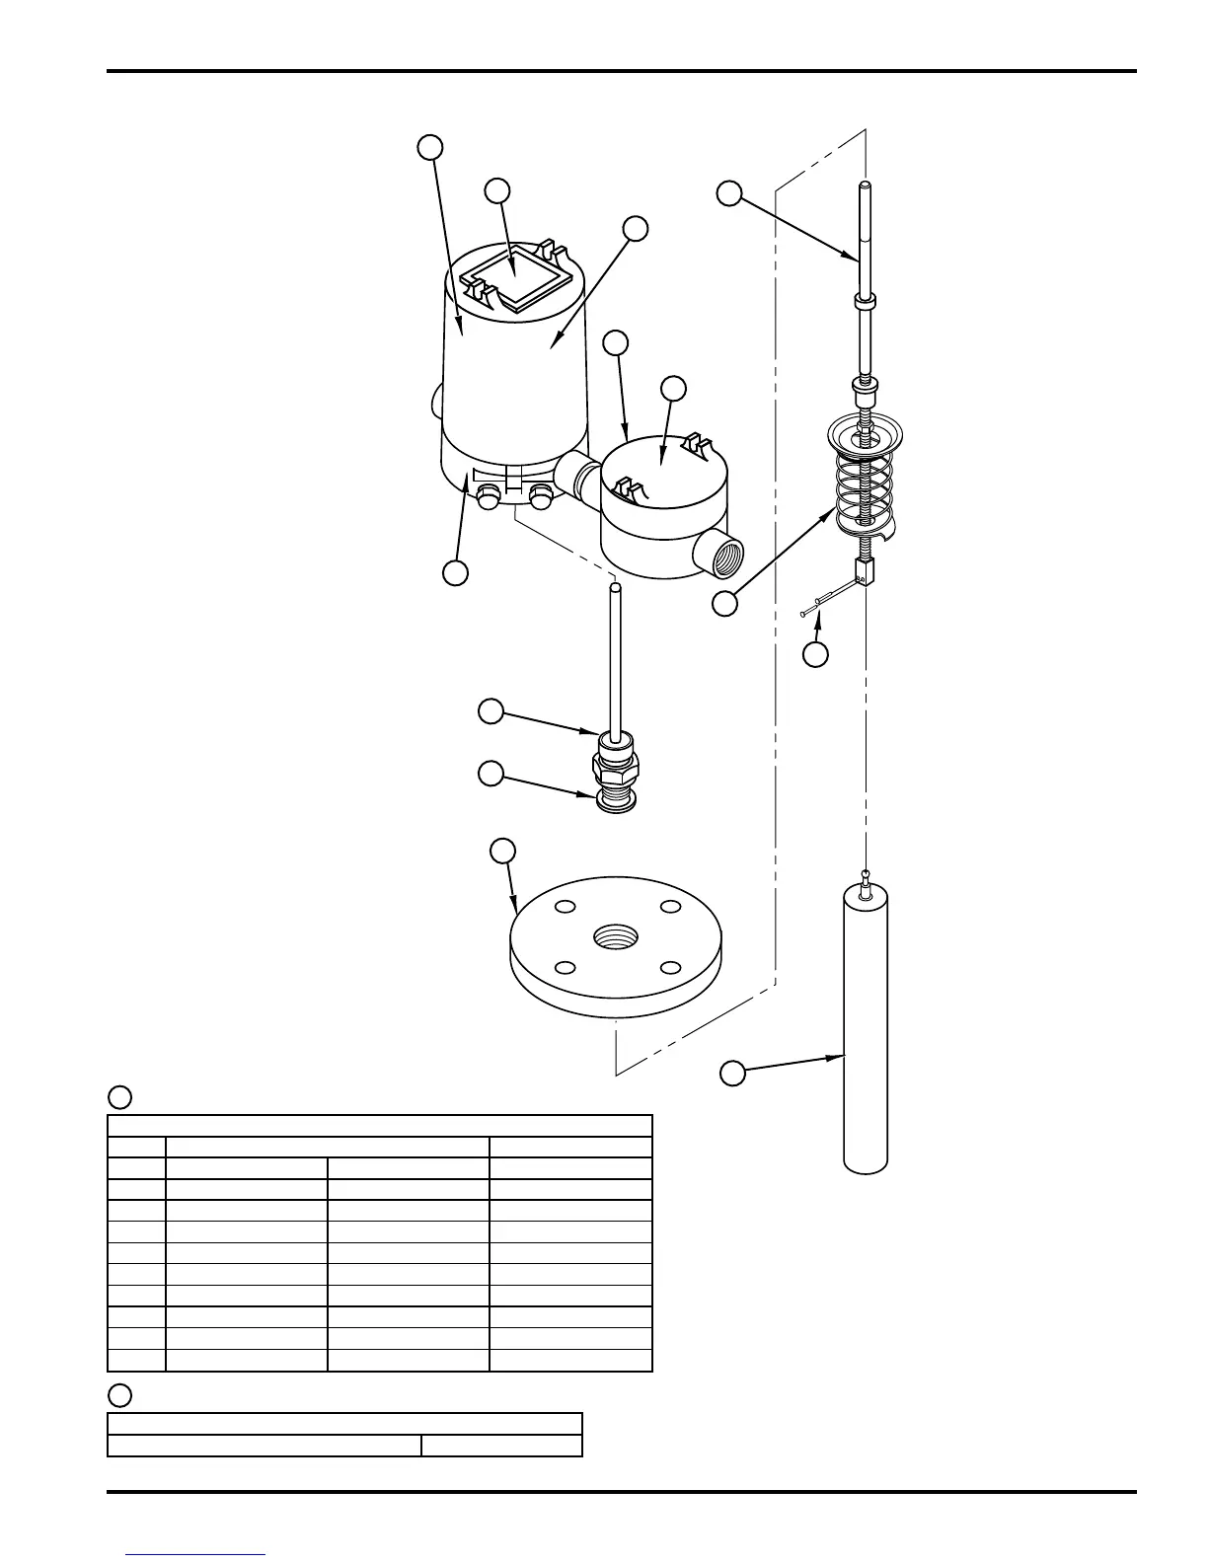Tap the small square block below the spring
pyautogui.click(x=865, y=570)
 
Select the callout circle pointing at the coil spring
pyautogui.click(x=725, y=604)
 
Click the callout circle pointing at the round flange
pyautogui.click(x=503, y=850)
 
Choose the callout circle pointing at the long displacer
pyautogui.click(x=731, y=1074)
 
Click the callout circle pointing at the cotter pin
pyautogui.click(x=815, y=654)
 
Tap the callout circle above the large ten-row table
pyautogui.click(x=119, y=1097)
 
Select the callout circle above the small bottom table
pyautogui.click(x=119, y=1395)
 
